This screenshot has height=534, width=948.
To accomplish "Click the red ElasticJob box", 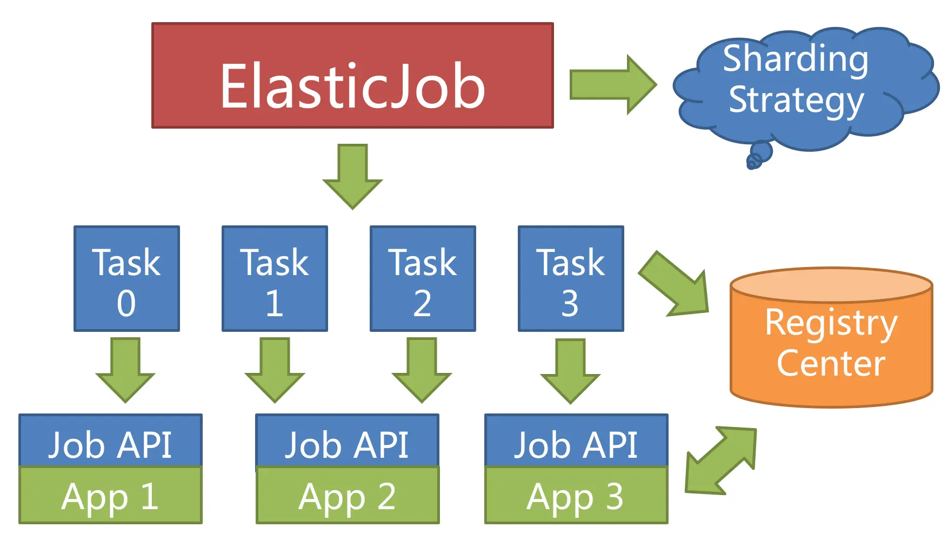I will (x=352, y=76).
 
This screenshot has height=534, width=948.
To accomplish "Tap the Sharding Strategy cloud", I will (x=800, y=86).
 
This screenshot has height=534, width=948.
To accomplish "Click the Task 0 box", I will (x=126, y=278).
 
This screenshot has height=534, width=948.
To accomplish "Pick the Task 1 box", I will (x=275, y=278).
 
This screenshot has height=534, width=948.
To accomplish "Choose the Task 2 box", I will (x=423, y=278).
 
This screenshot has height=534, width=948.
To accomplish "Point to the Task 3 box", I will (x=571, y=278).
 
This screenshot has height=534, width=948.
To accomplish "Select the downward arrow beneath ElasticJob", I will (x=352, y=176).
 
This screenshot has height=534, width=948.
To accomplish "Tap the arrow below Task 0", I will (x=125, y=370).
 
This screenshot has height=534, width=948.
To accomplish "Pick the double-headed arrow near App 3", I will (x=720, y=460).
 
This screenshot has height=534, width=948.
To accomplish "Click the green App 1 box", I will (x=110, y=496).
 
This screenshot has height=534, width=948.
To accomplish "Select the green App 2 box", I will (x=347, y=496).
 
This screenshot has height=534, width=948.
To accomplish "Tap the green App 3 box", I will (x=576, y=496).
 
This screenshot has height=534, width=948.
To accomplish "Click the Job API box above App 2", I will (x=347, y=440).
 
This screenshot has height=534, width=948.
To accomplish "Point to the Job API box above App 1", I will (x=110, y=440).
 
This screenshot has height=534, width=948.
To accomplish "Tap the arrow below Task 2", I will (x=422, y=370).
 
